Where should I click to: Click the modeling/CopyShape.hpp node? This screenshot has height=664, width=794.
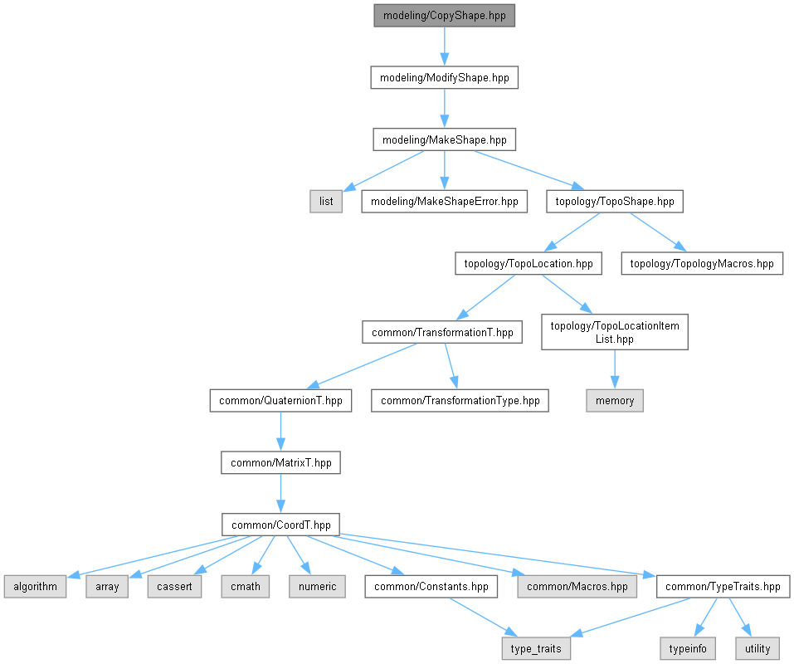(x=444, y=16)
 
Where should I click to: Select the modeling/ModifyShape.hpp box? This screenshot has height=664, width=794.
(x=444, y=78)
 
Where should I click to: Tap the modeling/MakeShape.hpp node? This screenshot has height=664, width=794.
(x=444, y=139)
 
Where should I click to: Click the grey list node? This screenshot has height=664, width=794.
(x=326, y=201)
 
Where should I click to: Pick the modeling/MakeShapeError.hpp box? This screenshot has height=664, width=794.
(x=444, y=201)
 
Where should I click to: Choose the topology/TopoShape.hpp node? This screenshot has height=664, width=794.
(x=615, y=201)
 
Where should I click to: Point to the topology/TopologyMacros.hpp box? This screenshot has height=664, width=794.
(x=702, y=264)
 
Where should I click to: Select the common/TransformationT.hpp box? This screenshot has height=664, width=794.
(x=442, y=332)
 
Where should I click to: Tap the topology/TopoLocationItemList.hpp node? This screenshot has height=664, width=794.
(x=614, y=332)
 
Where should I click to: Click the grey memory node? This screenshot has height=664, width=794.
(x=614, y=400)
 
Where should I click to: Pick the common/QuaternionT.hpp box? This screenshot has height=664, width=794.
(x=280, y=400)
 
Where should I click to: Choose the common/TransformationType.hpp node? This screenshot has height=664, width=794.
(x=460, y=400)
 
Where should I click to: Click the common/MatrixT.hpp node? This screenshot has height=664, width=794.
(x=280, y=462)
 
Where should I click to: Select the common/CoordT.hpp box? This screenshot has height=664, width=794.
(x=280, y=525)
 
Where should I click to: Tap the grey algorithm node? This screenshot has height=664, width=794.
(x=35, y=586)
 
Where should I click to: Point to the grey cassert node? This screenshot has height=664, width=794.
(x=174, y=586)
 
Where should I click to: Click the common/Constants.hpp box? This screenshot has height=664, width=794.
(x=431, y=586)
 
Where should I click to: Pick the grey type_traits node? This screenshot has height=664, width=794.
(x=536, y=648)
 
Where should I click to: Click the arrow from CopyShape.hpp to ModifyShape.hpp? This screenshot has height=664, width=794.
(x=444, y=46)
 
